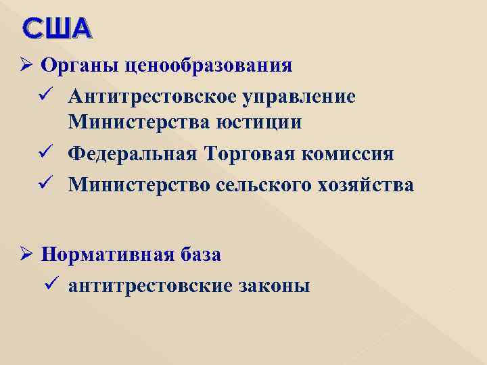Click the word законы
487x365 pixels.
pos(275,286)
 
